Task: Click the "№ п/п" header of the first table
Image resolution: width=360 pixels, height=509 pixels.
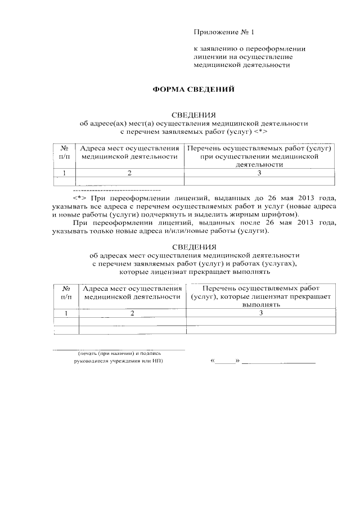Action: tap(65, 152)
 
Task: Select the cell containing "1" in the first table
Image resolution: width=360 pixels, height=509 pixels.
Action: tap(65, 173)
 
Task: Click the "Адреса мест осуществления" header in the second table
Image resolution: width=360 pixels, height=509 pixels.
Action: tap(132, 288)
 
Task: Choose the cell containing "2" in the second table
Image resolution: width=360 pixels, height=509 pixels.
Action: tap(132, 313)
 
